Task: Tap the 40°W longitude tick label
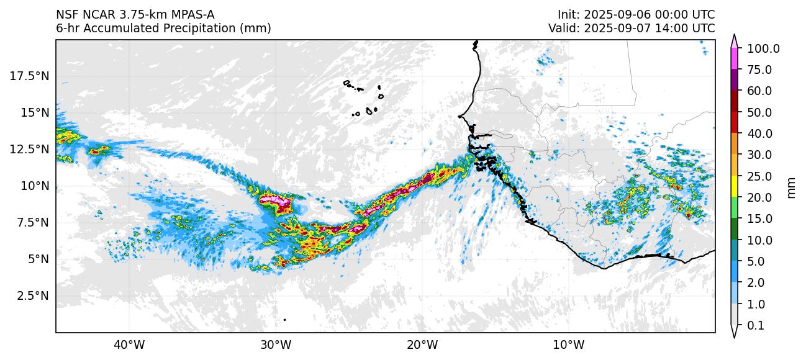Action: [x=129, y=344]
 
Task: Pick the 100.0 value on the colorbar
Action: [x=763, y=48]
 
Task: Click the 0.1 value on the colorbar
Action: [x=755, y=325]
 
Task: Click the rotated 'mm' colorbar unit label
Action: [x=791, y=187]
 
